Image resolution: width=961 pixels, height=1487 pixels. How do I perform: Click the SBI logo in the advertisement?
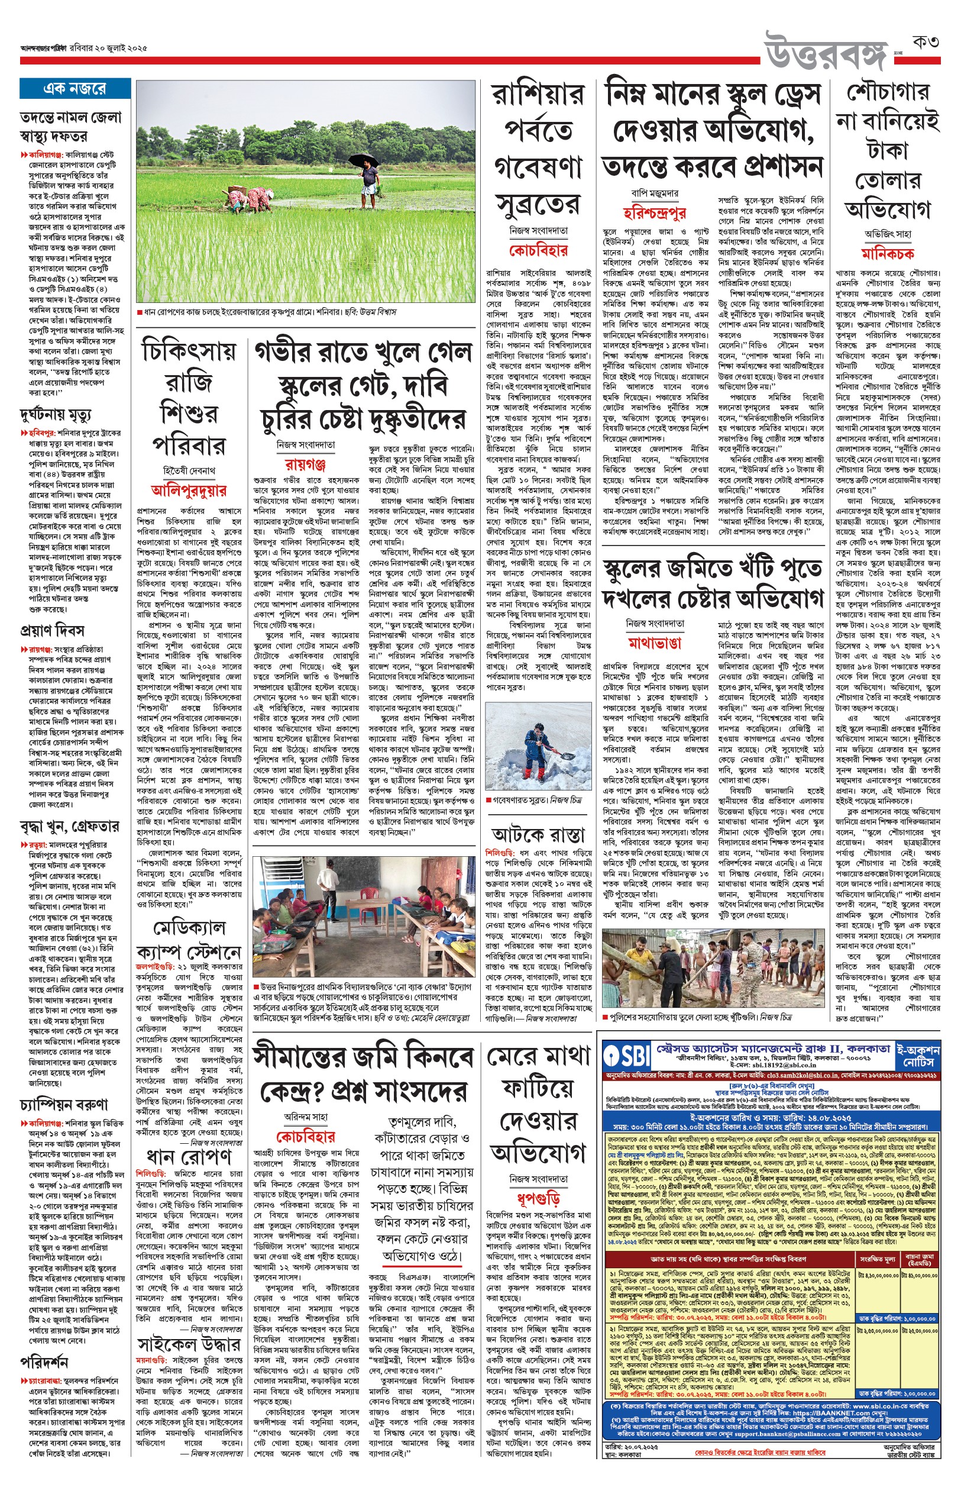625,1054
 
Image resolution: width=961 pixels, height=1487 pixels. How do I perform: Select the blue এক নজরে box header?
75,89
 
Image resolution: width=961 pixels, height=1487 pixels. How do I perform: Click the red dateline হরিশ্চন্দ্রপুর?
655,213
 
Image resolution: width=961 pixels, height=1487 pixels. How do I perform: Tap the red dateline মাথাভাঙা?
655,643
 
